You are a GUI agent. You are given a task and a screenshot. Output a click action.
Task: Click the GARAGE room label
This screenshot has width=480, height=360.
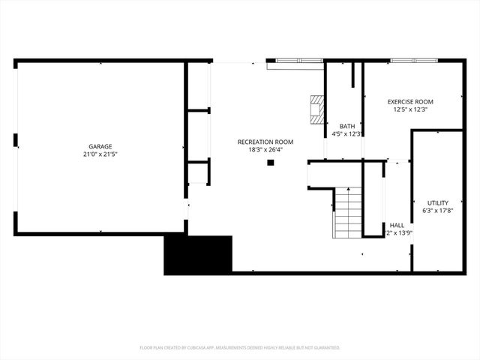tap(100, 146)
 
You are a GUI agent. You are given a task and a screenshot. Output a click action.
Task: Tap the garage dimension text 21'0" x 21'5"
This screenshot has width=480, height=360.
tap(100, 154)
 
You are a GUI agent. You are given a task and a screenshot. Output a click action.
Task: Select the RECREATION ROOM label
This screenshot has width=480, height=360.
tap(265, 142)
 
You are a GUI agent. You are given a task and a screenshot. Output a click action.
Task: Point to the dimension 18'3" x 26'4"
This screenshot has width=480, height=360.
tap(265, 149)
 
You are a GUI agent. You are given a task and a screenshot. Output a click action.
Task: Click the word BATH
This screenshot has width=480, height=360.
tap(347, 126)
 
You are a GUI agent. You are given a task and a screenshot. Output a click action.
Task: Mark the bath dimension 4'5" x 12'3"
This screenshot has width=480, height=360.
tap(347, 134)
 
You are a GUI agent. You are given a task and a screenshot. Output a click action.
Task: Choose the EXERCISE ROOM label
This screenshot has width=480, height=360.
tap(410, 101)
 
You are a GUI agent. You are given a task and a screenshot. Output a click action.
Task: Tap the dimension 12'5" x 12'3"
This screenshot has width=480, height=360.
tap(410, 109)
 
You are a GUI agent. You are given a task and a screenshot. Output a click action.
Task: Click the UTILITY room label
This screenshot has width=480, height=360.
tap(438, 202)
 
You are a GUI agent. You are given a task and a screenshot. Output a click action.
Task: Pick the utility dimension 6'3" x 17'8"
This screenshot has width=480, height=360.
tap(438, 211)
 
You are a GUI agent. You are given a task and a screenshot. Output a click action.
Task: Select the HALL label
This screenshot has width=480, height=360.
tap(397, 225)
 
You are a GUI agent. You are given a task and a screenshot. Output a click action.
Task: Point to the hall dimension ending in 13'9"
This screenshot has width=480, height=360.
tap(400, 233)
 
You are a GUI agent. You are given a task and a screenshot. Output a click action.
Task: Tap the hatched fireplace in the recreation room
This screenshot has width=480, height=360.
tap(319, 109)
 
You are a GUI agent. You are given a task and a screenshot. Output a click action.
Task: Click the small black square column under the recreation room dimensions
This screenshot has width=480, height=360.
tap(271, 161)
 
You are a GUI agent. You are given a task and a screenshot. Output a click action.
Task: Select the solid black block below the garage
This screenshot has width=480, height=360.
tap(198, 254)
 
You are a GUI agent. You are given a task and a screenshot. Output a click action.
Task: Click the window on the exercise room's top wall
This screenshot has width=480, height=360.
tap(411, 61)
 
